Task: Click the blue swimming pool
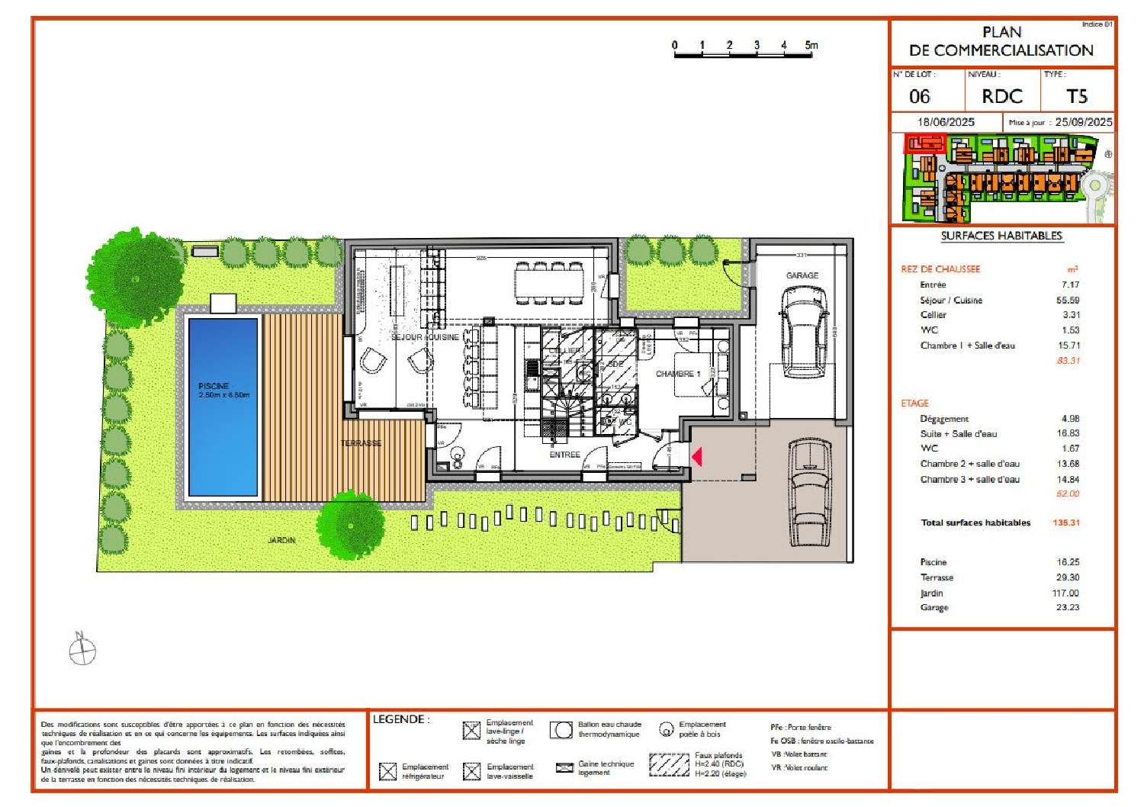click(x=223, y=406)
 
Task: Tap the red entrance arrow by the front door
click(x=696, y=456)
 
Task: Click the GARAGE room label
click(x=802, y=275)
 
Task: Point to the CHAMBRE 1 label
click(x=677, y=374)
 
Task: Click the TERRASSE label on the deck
click(x=361, y=443)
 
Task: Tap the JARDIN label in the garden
click(x=281, y=540)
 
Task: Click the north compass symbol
click(x=82, y=651)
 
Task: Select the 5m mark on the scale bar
click(x=811, y=45)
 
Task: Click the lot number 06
click(x=920, y=97)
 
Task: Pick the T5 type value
click(x=1076, y=97)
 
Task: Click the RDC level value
click(x=1001, y=97)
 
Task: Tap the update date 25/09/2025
click(x=1083, y=122)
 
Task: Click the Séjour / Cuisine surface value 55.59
click(x=1070, y=300)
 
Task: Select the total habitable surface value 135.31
click(x=1065, y=522)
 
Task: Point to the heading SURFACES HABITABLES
click(x=1001, y=236)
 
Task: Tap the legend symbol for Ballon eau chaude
click(x=561, y=730)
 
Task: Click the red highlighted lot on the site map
click(x=924, y=143)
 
